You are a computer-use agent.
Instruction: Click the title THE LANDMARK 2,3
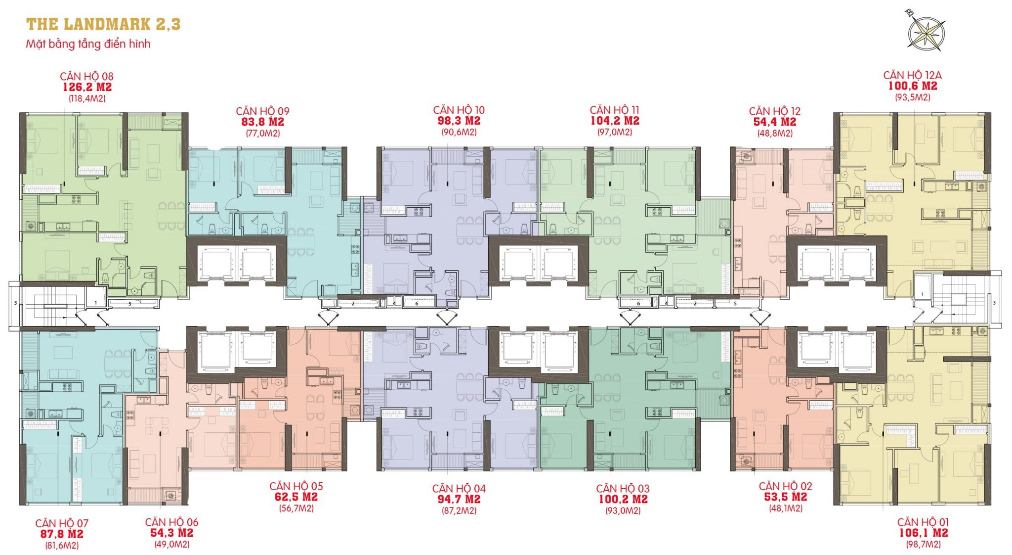pos(103,24)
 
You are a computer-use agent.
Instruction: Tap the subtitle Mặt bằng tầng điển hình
pos(88,44)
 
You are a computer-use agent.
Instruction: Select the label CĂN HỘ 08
pos(86,76)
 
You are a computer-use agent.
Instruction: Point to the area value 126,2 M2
pos(87,87)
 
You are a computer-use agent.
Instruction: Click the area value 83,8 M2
pos(262,122)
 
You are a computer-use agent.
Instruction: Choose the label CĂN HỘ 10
pos(459,110)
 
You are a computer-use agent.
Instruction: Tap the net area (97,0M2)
pos(615,132)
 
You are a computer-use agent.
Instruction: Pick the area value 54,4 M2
pos(774,122)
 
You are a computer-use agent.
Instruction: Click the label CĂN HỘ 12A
pos(912,75)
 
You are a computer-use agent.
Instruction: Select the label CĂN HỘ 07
pos(62,523)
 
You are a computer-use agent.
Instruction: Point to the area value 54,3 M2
pos(171,533)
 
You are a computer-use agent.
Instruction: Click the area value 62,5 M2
pos(296,497)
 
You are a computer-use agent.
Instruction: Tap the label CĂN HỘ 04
pos(459,489)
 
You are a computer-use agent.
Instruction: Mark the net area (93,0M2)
pos(623,510)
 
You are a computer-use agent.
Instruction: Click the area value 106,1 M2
pos(923,533)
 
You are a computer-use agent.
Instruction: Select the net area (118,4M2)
pos(87,98)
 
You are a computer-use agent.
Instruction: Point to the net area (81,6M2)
pos(61,546)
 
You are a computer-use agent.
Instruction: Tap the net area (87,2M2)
pos(459,510)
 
